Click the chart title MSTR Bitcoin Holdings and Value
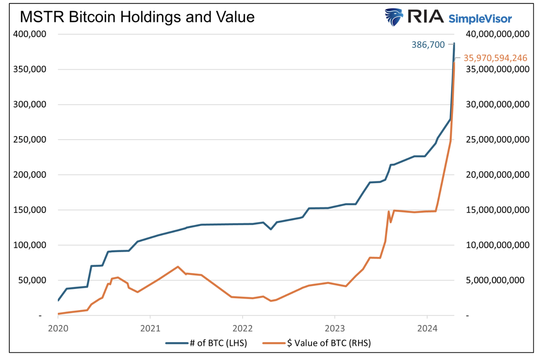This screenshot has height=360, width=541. [x=137, y=17]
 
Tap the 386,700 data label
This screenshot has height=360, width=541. [x=428, y=44]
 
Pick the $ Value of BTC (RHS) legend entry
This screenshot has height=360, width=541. [x=317, y=343]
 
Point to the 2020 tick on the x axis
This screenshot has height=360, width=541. [x=58, y=328]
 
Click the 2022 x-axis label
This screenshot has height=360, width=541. [x=242, y=328]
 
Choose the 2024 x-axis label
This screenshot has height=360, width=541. [x=427, y=328]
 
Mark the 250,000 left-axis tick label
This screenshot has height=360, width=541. [x=29, y=139]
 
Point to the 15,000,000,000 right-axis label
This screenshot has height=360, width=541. [x=496, y=210]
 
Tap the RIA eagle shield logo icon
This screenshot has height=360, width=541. [x=394, y=17]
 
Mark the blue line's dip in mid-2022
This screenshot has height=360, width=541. [x=271, y=229]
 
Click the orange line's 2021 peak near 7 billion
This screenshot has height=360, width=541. [x=178, y=267]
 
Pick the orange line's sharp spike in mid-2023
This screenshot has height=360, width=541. [x=388, y=211]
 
